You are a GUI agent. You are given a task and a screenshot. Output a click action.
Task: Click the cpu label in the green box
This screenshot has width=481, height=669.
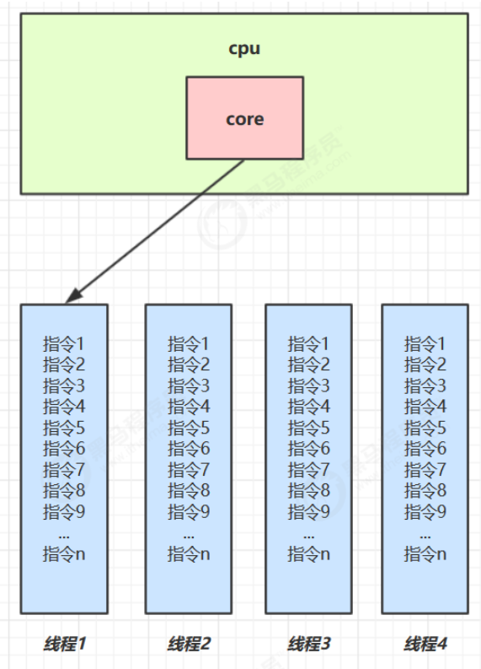[x=244, y=49]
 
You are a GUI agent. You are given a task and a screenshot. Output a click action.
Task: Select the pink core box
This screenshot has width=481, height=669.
[x=244, y=118]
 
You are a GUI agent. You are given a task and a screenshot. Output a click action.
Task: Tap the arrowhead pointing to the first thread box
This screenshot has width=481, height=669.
[x=74, y=296]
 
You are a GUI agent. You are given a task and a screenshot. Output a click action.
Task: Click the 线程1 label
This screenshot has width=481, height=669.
[x=64, y=644]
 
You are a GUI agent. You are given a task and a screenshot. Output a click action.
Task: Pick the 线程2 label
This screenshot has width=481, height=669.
[x=189, y=644]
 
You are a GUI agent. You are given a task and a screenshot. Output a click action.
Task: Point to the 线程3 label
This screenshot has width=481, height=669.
[x=309, y=644]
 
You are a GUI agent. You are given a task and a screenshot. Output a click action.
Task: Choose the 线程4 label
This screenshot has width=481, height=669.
[x=425, y=644]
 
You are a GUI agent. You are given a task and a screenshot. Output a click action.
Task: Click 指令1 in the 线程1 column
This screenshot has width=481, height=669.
[x=64, y=344]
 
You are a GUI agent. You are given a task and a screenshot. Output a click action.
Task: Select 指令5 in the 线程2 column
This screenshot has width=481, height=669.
[x=189, y=428]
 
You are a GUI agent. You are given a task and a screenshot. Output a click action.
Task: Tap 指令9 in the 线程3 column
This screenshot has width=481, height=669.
[x=309, y=512]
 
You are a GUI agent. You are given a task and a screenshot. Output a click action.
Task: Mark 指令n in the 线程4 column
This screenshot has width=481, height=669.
[x=425, y=554]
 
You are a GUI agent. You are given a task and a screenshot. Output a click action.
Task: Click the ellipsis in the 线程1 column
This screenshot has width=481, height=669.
[x=64, y=536]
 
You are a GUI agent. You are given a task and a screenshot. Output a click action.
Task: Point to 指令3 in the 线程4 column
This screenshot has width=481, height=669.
[x=425, y=386]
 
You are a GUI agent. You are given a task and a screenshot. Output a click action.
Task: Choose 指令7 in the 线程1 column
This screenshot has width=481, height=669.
[x=64, y=470]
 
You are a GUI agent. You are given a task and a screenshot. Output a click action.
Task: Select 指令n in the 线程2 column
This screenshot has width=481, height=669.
[x=189, y=554]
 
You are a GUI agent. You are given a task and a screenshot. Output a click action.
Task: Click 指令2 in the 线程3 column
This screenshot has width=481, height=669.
[x=309, y=364]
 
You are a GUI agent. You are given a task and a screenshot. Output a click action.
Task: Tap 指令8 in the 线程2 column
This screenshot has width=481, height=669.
[x=189, y=491]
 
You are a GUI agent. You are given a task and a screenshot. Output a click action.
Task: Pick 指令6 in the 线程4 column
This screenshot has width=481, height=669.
[x=425, y=449]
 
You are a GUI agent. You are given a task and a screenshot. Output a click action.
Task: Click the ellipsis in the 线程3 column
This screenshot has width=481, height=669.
[x=309, y=536]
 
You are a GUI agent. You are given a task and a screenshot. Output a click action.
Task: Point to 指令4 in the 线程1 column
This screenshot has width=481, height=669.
[x=64, y=407]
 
